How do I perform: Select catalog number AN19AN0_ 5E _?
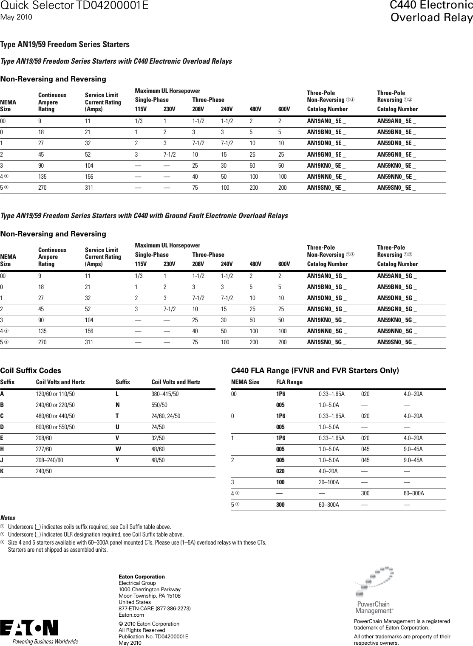pos(326,121)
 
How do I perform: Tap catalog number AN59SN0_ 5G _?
pos(397,342)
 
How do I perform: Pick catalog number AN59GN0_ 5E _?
pos(397,154)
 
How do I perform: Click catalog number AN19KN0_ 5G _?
pos(326,320)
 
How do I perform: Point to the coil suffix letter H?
pos(3,449)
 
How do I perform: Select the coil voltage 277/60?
pos(44,449)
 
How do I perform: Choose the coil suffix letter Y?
pos(118,460)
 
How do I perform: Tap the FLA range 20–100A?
pos(329,482)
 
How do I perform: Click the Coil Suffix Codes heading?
pos(31,371)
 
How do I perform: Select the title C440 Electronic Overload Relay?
pos(431,11)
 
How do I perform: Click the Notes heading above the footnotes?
pos(8,518)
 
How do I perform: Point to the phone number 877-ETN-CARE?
pos(154,609)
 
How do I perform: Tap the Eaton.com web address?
pos(131,615)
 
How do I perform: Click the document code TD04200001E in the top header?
pos(112,6)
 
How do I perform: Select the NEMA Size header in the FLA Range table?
pos(245,382)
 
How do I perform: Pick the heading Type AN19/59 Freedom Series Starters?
pos(65,45)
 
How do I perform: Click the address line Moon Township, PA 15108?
pos(149,596)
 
